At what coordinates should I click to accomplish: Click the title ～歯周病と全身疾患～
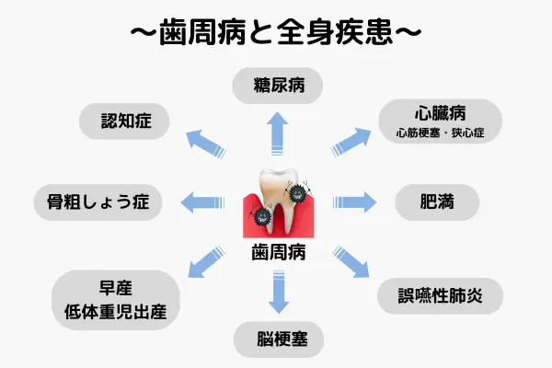[x=276, y=31]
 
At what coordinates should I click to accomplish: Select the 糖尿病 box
[x=277, y=88]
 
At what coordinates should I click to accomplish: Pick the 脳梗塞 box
[x=277, y=341]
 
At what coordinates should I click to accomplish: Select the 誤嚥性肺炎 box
[x=441, y=297]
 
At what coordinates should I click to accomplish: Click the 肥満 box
[x=437, y=201]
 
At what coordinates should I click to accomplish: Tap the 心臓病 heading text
[x=441, y=115]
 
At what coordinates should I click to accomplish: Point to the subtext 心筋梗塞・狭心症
[x=441, y=134]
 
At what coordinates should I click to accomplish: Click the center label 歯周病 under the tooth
[x=277, y=251]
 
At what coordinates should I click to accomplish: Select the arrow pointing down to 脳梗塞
[x=277, y=293]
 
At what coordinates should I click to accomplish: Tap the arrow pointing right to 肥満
[x=354, y=201]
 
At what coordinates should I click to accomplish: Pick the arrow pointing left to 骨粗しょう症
[x=202, y=201]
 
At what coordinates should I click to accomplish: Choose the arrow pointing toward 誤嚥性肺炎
[x=349, y=261]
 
